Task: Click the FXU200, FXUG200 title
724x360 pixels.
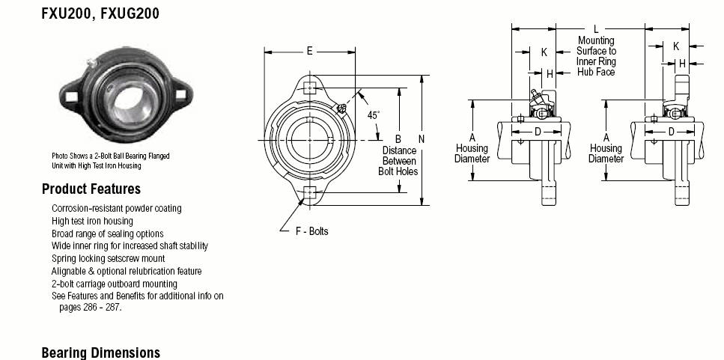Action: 100,13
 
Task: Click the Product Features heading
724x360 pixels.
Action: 91,189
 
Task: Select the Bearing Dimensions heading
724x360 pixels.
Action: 100,353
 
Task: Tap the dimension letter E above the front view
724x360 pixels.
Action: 309,51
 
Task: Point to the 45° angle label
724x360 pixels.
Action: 373,115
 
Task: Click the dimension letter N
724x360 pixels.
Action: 422,138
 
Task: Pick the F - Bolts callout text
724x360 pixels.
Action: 311,231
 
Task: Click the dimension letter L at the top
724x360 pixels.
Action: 596,29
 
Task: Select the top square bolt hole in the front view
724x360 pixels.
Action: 309,88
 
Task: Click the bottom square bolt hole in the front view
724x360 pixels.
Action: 309,192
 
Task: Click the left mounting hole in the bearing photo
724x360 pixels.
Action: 71,97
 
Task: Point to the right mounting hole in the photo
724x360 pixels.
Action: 181,94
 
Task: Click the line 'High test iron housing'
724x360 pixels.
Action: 92,221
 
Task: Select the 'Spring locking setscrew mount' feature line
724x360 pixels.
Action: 108,258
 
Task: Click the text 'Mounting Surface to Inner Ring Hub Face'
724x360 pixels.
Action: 596,56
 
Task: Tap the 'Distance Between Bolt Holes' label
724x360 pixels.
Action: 398,161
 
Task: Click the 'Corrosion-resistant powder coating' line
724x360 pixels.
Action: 116,209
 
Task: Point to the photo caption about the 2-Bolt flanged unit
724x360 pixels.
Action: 110,161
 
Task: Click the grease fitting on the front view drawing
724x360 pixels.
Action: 341,109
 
